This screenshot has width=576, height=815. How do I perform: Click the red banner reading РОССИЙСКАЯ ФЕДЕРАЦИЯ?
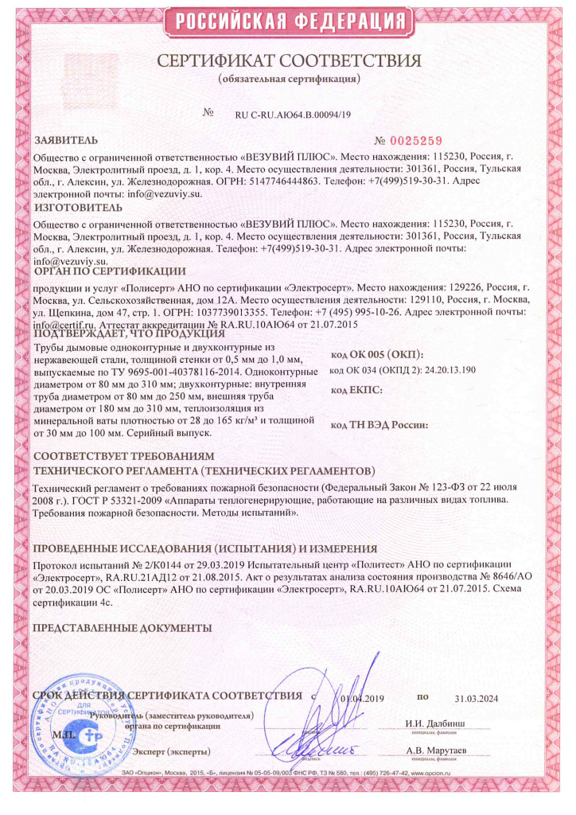288,21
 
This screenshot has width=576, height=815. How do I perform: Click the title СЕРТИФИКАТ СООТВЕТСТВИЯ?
288,61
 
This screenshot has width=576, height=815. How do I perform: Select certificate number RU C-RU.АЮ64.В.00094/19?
293,115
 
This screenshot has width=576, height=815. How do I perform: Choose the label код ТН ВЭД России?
379,425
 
